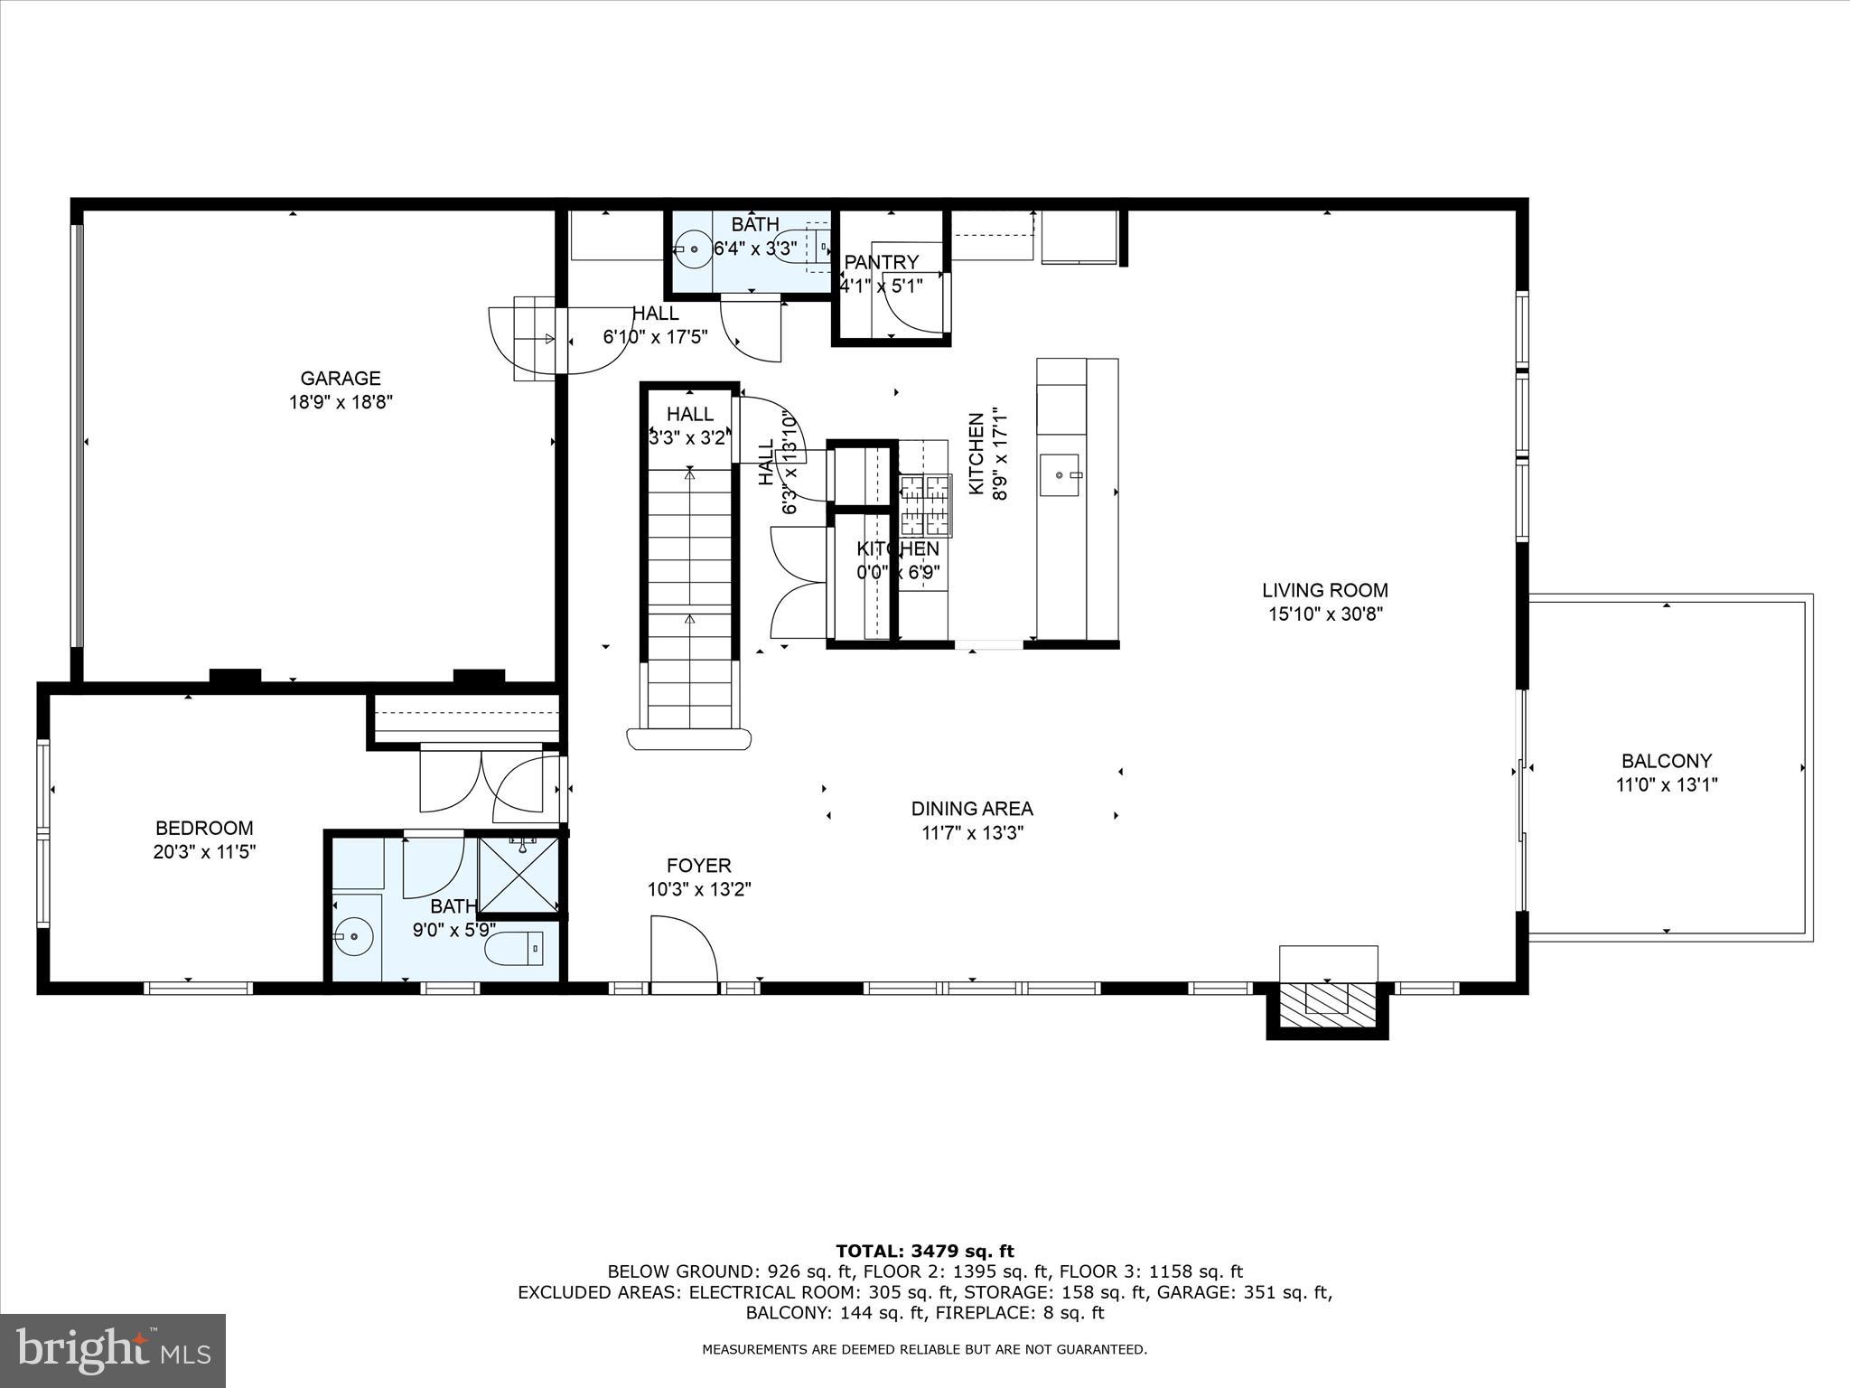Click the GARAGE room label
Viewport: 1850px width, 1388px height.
[x=341, y=379]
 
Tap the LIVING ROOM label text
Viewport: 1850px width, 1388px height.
[x=1324, y=591]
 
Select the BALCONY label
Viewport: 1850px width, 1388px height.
[x=1666, y=761]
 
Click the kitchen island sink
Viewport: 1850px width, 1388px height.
[x=1060, y=475]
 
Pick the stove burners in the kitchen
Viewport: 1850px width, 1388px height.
[x=925, y=504]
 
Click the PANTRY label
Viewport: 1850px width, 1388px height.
[x=881, y=262]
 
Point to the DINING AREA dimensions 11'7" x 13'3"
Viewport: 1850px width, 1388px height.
[x=971, y=833]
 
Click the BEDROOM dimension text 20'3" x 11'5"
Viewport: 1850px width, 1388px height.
[x=205, y=851]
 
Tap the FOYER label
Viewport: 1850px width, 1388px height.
[x=698, y=866]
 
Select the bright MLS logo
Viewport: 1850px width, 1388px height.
[x=113, y=1350]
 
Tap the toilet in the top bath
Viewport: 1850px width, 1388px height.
[x=790, y=246]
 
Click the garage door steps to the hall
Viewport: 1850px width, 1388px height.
[x=534, y=339]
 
